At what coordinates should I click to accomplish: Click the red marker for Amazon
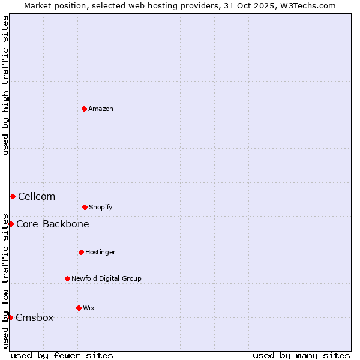click(x=84, y=109)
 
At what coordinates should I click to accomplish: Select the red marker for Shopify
click(x=85, y=207)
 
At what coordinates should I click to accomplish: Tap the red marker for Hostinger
click(x=81, y=252)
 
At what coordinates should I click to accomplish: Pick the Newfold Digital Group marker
click(x=67, y=278)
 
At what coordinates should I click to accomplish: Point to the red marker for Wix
click(x=79, y=308)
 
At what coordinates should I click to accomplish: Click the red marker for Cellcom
click(x=13, y=196)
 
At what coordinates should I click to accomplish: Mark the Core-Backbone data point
click(x=11, y=224)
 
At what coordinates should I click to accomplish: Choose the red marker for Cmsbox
click(x=10, y=317)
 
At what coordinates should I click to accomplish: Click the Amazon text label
click(x=101, y=109)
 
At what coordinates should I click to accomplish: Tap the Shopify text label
click(x=101, y=207)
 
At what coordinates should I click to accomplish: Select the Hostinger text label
click(x=100, y=252)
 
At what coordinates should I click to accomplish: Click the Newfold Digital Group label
click(x=106, y=278)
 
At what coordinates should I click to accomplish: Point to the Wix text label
click(x=89, y=308)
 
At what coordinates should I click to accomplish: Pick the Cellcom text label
click(x=37, y=196)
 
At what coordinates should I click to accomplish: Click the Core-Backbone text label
click(x=53, y=224)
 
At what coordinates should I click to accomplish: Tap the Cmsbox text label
click(x=35, y=317)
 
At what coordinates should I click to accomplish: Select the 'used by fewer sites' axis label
click(x=62, y=355)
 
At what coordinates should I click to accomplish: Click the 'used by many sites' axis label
click(x=301, y=355)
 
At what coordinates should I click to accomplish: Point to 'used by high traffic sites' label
click(x=5, y=85)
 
